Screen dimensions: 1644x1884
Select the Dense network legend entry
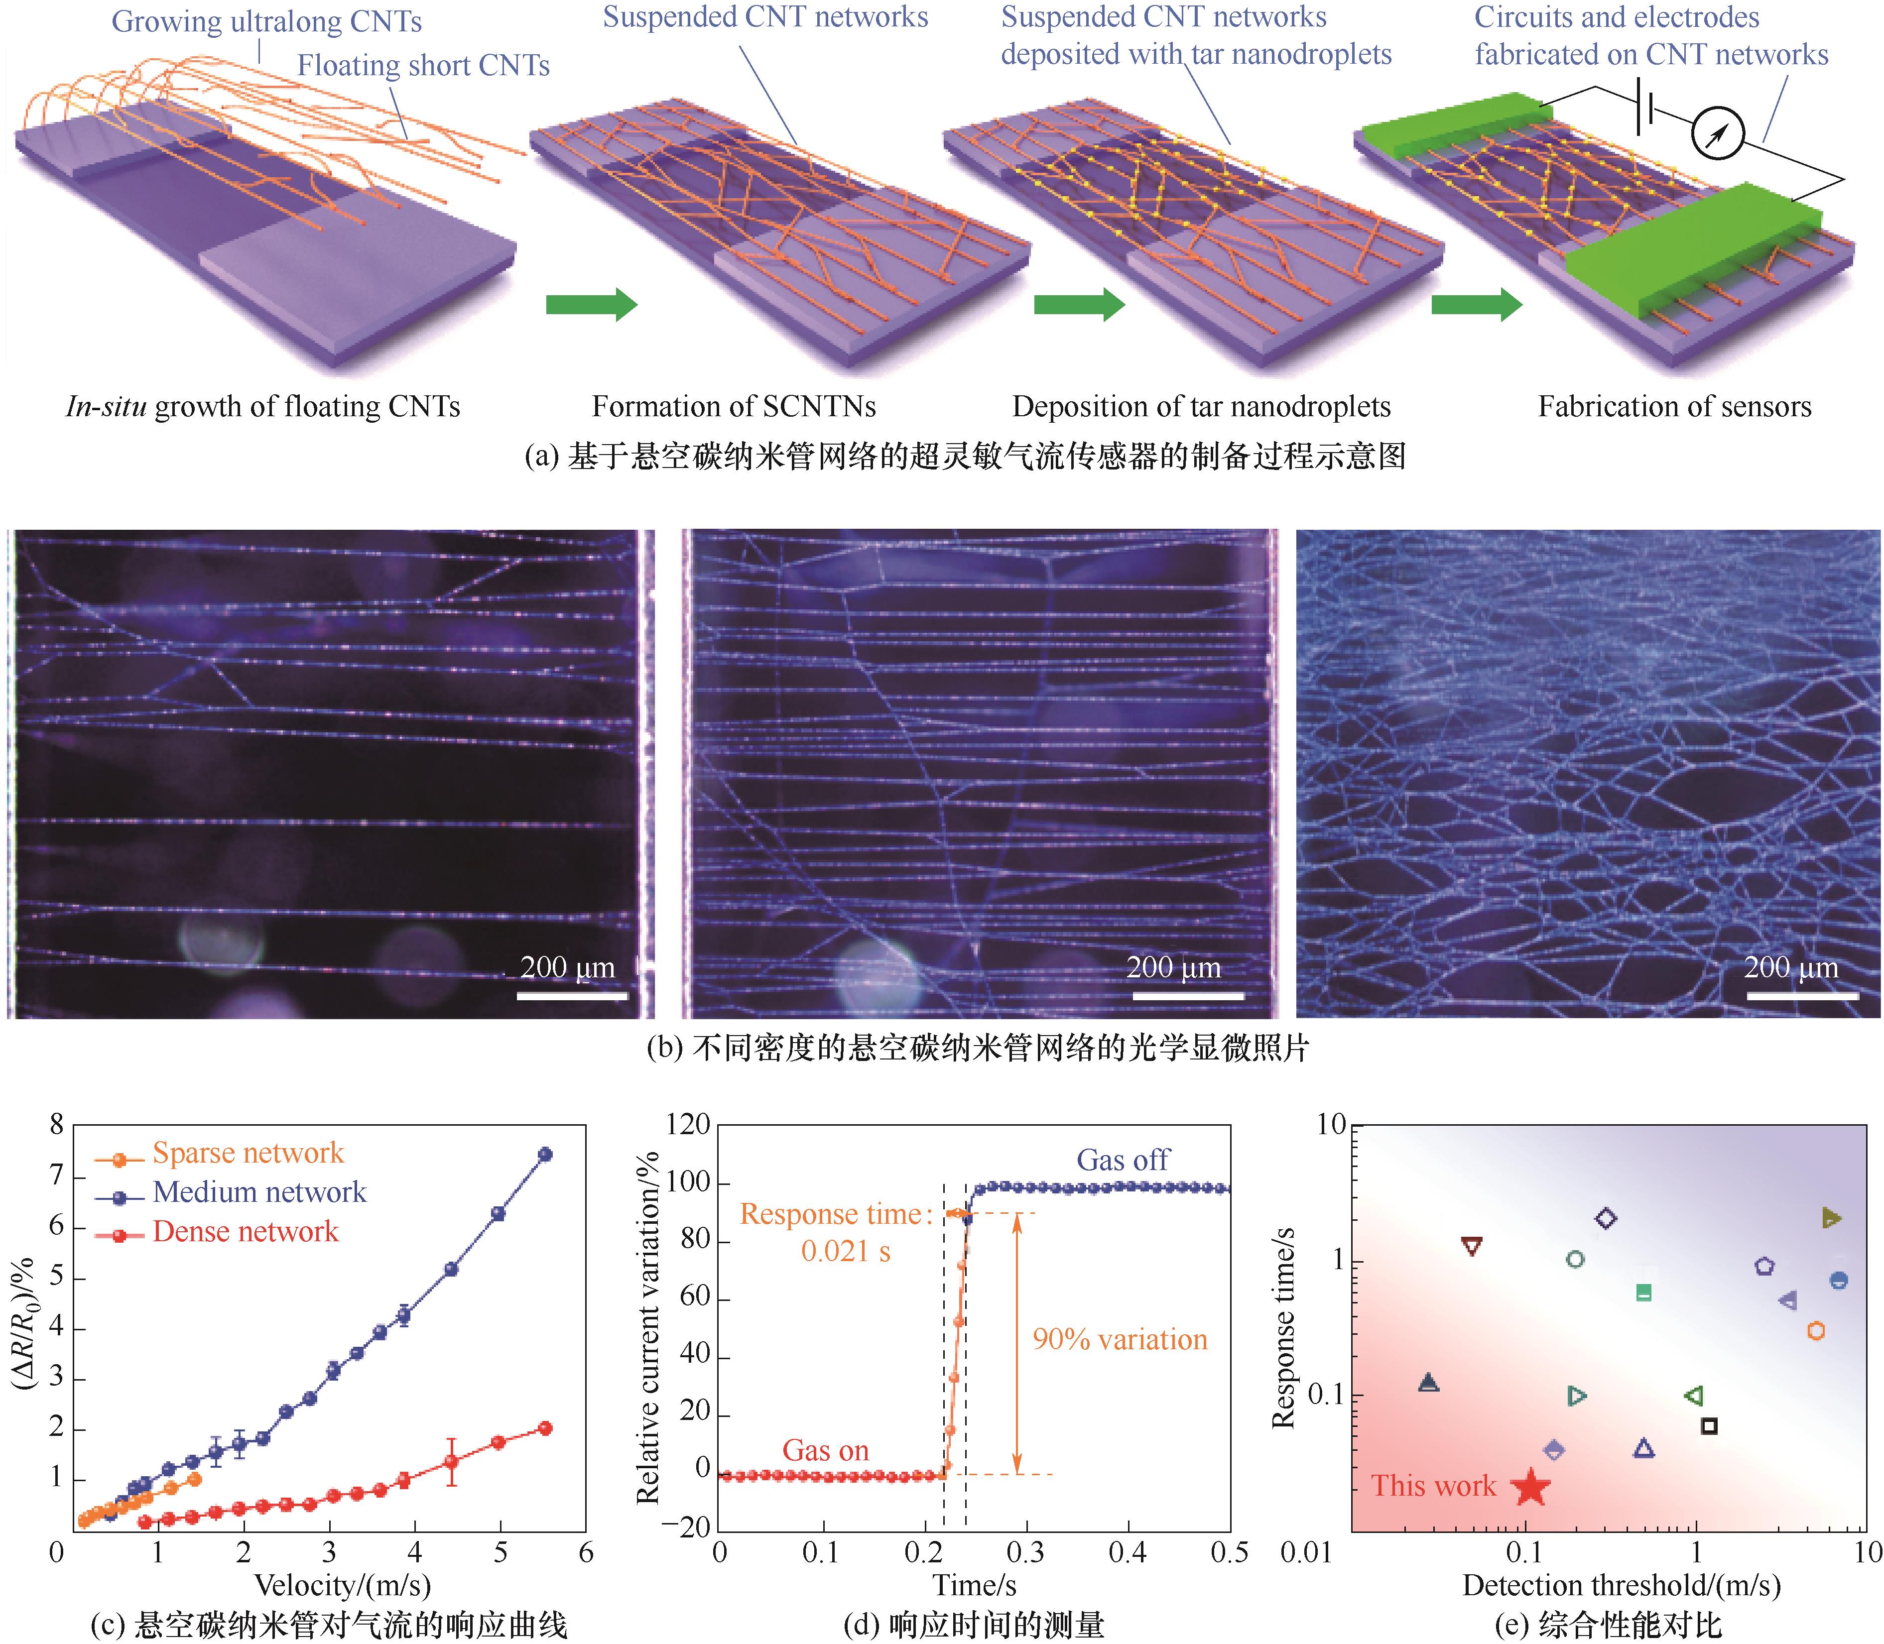pos(245,1231)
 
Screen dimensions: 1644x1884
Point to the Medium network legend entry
pos(259,1192)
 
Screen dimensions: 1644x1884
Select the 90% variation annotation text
pos(1120,1339)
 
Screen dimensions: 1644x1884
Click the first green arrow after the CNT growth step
pos(590,305)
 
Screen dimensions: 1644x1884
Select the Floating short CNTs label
pos(423,66)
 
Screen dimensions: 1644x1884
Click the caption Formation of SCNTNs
pos(733,406)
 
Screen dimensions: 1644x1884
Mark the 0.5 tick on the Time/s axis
pos(1229,1552)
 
